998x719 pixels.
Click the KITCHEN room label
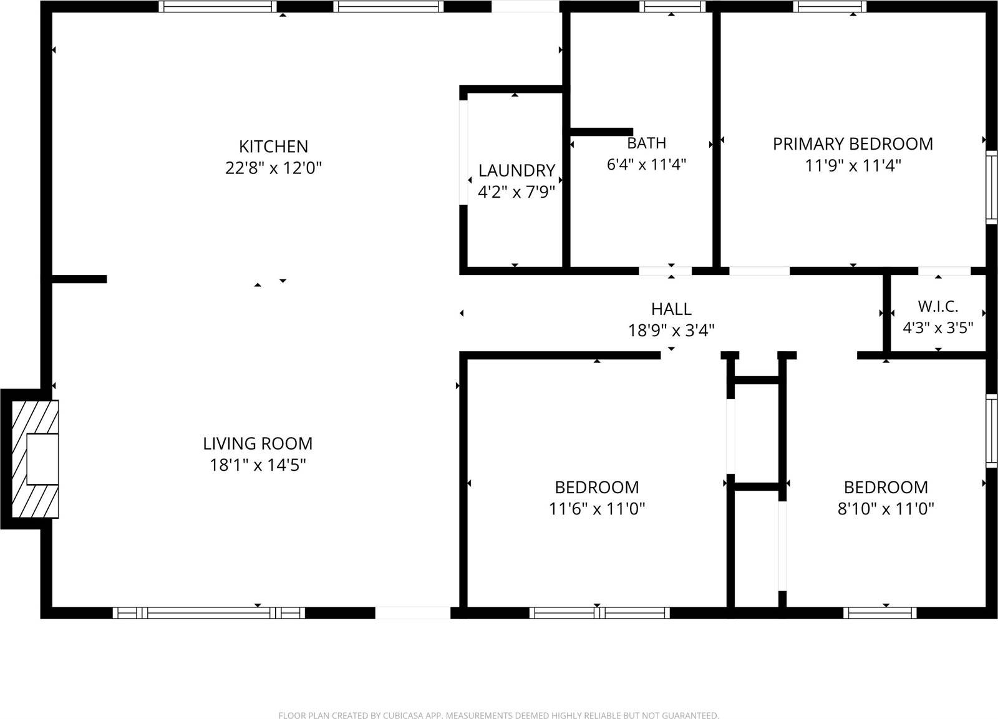(273, 147)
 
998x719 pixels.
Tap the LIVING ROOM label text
(258, 443)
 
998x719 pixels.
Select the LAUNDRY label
(516, 170)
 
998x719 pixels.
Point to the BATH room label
(646, 143)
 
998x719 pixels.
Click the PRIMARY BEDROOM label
(853, 144)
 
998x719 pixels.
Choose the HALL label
(671, 309)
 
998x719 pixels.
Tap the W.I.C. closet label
(938, 306)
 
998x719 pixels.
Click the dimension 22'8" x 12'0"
(273, 168)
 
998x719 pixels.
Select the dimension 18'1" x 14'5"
(258, 465)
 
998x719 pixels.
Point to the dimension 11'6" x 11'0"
(596, 509)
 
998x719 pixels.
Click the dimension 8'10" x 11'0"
(886, 509)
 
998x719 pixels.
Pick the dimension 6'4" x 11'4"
(646, 165)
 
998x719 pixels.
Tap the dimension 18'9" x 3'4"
(671, 330)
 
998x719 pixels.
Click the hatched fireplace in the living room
(36, 458)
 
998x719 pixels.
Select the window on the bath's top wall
(672, 7)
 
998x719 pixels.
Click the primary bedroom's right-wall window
(991, 186)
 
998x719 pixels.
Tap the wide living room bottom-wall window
(209, 612)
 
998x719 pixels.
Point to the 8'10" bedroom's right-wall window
(991, 430)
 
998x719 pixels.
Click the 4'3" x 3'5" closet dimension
(938, 327)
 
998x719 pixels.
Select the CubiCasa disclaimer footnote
(498, 715)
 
